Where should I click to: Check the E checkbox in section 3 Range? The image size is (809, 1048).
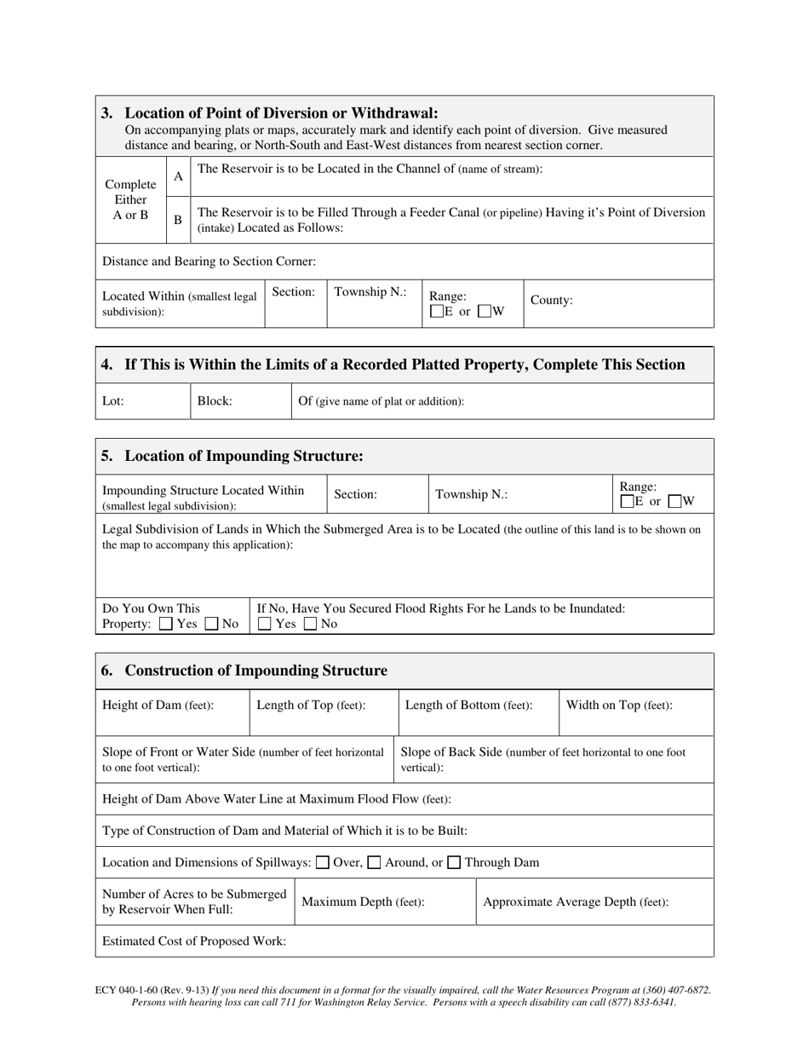pyautogui.click(x=437, y=312)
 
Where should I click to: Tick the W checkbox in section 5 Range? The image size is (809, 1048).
pyautogui.click(x=675, y=502)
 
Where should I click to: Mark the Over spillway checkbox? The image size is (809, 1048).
pyautogui.click(x=323, y=862)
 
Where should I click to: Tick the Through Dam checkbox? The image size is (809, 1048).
pyautogui.click(x=454, y=862)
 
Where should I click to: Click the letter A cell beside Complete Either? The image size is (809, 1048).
pyautogui.click(x=178, y=176)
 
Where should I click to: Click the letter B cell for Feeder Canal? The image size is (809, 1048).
pyautogui.click(x=178, y=220)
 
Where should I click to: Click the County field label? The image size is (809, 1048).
pyautogui.click(x=551, y=300)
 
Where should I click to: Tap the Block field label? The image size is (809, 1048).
pyautogui.click(x=215, y=400)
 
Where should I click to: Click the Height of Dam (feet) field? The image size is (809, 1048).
pyautogui.click(x=158, y=705)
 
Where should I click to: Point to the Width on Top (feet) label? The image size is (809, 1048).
pyautogui.click(x=619, y=705)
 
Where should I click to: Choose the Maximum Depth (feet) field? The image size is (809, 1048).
pyautogui.click(x=363, y=901)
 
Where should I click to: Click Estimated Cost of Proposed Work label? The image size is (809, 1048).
pyautogui.click(x=194, y=941)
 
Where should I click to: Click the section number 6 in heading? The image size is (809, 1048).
pyautogui.click(x=106, y=671)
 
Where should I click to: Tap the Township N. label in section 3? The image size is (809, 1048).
pyautogui.click(x=370, y=291)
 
